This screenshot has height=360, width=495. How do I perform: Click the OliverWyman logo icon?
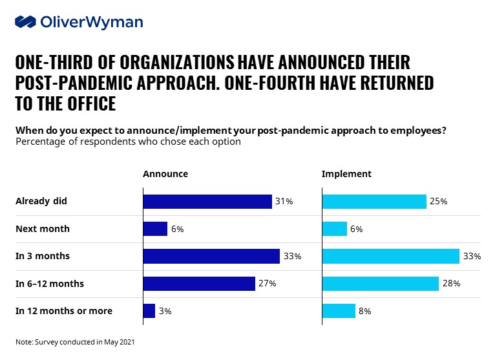25,22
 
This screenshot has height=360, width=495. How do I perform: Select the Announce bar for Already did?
207,202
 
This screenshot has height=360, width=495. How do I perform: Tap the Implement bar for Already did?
374,202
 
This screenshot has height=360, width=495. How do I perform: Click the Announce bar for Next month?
155,229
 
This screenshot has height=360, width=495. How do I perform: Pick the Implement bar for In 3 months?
390,257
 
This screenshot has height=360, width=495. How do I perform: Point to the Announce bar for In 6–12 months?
198,284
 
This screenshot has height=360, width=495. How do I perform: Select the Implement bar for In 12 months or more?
339,311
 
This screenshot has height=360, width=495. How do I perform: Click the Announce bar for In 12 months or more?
149,311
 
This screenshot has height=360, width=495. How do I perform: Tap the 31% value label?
284,202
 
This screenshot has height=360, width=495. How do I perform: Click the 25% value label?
439,202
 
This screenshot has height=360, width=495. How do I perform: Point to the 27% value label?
268,284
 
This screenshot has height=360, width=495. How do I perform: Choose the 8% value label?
366,311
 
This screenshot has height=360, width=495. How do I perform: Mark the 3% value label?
165,311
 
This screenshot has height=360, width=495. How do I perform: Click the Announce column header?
165,174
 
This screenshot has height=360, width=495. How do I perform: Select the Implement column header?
346,174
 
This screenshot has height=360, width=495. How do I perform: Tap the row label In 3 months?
43,257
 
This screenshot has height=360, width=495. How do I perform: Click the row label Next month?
43,229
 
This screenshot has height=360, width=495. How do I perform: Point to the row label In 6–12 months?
50,284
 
